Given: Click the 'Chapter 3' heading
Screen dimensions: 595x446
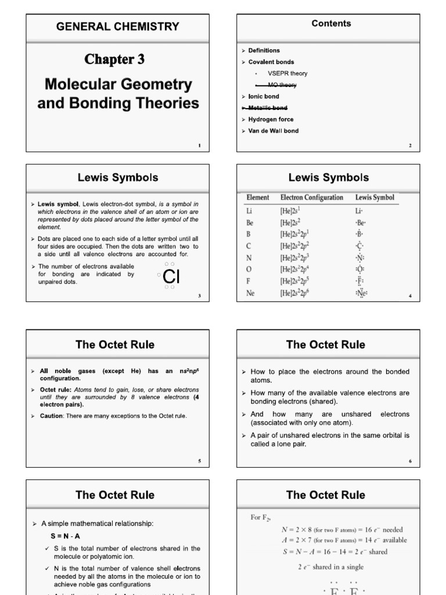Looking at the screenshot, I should pos(114,59).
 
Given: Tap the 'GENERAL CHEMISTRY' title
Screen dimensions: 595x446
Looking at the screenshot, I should pos(117,26).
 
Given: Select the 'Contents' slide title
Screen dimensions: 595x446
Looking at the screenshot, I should pos(331,23).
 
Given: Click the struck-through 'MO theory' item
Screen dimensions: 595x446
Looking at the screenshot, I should pos(281,85).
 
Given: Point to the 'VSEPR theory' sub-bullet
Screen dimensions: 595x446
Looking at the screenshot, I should pos(287,73).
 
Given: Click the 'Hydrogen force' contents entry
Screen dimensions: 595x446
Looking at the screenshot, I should pos(271,119).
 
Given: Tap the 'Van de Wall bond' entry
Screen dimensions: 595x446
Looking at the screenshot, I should pos(274,131).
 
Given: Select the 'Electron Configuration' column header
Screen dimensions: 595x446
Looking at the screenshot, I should pos(312,198).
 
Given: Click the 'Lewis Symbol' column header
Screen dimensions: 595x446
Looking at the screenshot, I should pos(375,198).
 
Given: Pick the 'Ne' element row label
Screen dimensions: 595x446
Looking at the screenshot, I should pos(251,293).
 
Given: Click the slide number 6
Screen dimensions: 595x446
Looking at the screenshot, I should pos(409,461).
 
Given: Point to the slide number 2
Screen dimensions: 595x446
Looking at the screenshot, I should pos(410,145).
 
